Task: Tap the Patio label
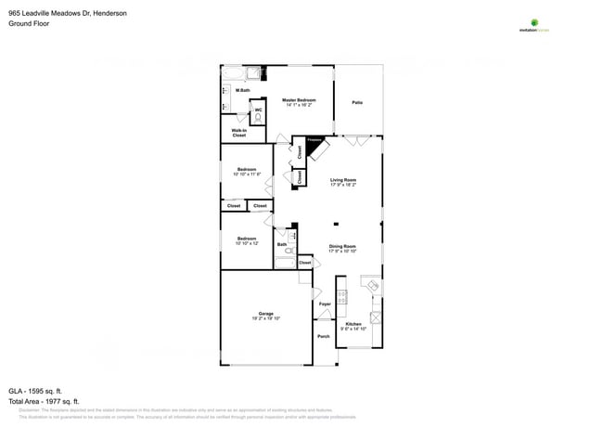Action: coord(357,102)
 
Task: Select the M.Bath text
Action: coord(242,90)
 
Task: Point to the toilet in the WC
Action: coord(257,118)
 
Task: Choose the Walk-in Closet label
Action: coord(238,133)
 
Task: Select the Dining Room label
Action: coord(342,248)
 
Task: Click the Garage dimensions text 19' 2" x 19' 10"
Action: coord(265,318)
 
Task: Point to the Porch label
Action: coord(324,336)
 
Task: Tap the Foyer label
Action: coord(325,304)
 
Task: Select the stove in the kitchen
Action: coord(341,297)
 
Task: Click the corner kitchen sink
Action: coord(370,286)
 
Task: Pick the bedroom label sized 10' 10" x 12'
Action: coord(246,240)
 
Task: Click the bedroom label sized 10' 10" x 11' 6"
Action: coord(246,171)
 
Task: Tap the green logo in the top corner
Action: coord(533,23)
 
